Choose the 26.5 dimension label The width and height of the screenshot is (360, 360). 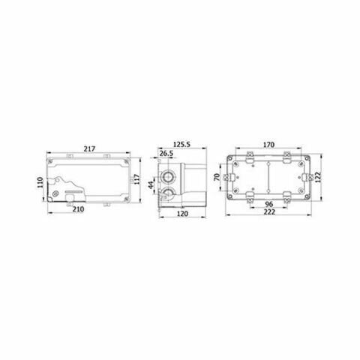[166, 154]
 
